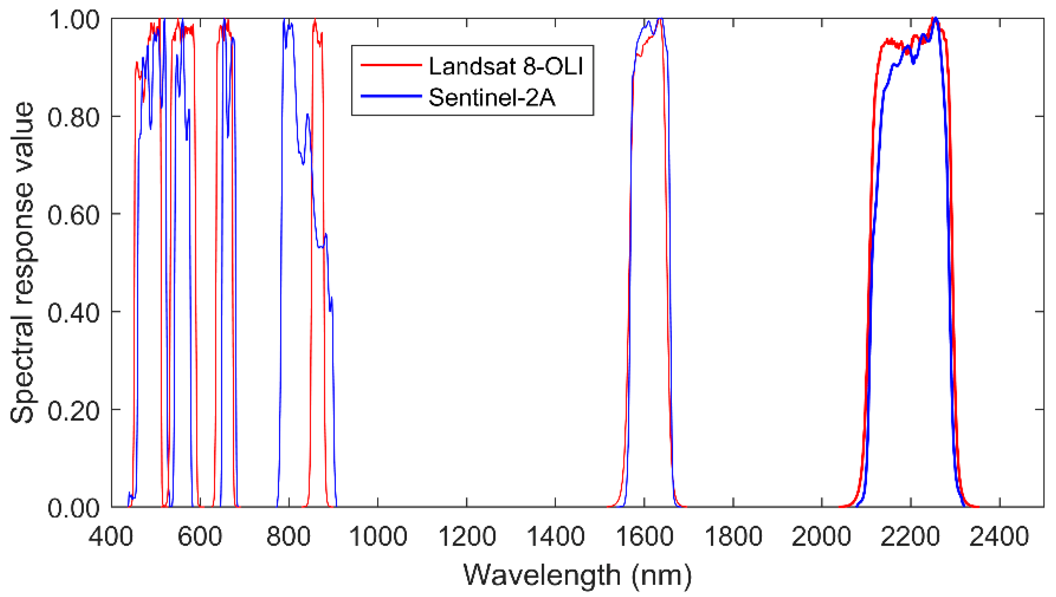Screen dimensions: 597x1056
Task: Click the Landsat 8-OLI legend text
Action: coord(505,66)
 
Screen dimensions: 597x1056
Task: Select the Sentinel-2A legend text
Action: coord(491,97)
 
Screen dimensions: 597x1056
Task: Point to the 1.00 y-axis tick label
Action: coord(74,20)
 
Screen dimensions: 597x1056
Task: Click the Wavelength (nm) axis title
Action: coord(577,575)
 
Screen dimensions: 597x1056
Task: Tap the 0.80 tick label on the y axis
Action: coord(74,117)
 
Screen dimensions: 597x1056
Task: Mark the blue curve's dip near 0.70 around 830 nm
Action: coord(302,162)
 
